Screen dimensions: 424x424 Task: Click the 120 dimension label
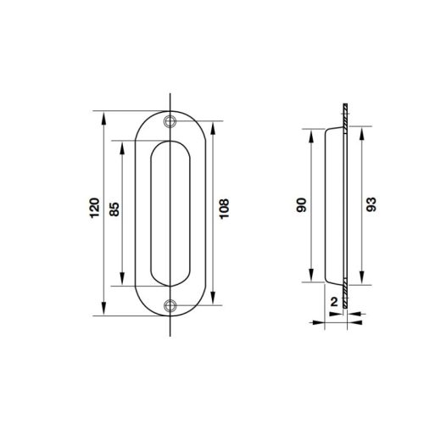[x=95, y=208]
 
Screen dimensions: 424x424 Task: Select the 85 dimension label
[x=114, y=209]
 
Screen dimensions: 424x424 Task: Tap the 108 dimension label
[x=224, y=209]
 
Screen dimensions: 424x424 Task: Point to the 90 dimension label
[x=301, y=205]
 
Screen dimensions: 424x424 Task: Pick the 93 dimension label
[x=371, y=204]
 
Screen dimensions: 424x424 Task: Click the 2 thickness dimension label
[x=334, y=302]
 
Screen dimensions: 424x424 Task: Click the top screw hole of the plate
[x=170, y=121]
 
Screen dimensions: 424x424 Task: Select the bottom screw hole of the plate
[x=170, y=305]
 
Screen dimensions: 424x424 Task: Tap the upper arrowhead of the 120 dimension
[x=103, y=118]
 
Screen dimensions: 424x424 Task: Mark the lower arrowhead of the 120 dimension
[x=103, y=309]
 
